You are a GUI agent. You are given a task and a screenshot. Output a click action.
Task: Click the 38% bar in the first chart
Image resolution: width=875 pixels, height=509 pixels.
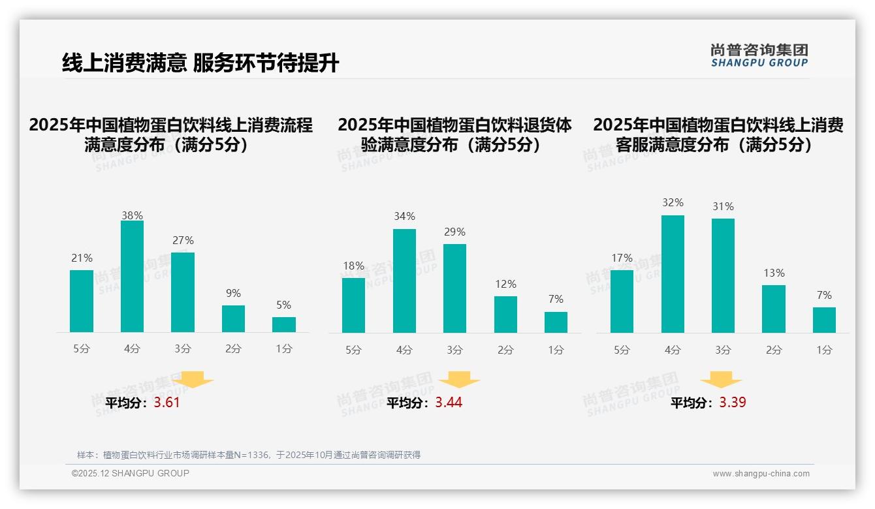point(132,277)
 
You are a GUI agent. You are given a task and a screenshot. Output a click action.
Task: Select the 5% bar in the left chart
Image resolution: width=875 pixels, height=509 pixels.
point(284,324)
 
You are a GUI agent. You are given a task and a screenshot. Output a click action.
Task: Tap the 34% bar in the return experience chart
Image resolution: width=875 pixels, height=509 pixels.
point(404,281)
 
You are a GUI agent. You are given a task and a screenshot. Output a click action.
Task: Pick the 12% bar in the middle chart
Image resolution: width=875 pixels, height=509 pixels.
point(505,315)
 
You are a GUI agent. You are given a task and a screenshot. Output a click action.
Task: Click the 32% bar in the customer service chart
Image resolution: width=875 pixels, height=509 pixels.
point(673,274)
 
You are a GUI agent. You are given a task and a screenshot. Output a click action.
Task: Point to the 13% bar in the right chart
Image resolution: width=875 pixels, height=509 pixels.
point(774,309)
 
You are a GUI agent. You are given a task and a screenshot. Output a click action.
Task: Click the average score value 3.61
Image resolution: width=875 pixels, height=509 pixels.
point(167,403)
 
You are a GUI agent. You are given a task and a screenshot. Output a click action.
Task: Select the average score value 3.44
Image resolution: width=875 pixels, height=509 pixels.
point(449,403)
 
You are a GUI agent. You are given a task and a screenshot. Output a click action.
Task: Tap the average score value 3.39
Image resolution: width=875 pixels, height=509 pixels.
point(733,403)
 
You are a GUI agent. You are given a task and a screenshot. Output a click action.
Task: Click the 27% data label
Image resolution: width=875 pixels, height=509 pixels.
point(183,240)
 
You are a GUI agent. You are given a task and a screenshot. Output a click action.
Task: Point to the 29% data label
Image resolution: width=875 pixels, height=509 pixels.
point(454,232)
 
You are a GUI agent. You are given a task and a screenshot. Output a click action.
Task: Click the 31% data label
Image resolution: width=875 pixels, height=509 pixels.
point(723,206)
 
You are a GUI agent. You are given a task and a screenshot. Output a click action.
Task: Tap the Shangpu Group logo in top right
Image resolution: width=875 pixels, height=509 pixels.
point(759,55)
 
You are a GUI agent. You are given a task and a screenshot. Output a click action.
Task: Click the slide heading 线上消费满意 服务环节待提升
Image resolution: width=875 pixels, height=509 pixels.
point(200,63)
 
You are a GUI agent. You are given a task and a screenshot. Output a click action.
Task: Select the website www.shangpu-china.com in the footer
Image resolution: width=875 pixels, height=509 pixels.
point(761,474)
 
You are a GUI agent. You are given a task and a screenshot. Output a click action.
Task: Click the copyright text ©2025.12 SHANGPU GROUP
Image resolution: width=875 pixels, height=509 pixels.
point(130,473)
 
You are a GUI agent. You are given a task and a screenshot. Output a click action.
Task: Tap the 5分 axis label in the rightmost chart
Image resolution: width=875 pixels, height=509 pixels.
point(622,350)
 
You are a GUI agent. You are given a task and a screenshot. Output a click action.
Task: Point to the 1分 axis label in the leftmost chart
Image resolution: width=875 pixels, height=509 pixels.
point(284,348)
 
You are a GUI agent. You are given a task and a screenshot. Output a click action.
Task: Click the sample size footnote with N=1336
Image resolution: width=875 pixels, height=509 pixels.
point(248,455)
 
